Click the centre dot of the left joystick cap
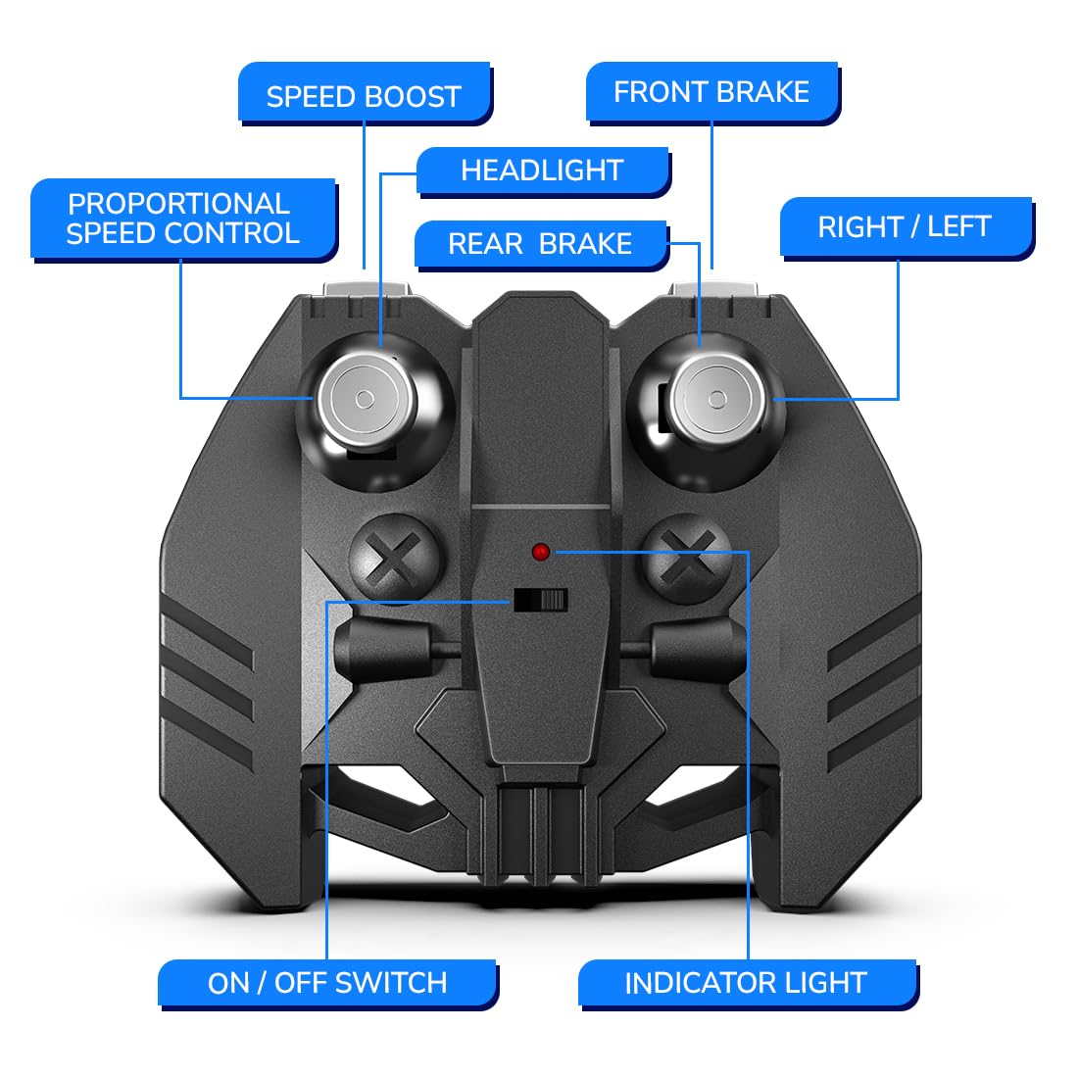(366, 399)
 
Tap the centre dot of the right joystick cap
(717, 399)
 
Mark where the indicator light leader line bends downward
(748, 552)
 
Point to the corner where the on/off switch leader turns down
(326, 603)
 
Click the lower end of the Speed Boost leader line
(364, 269)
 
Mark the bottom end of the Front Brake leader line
(711, 269)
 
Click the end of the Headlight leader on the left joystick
(381, 347)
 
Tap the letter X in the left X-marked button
(394, 559)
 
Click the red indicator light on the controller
(541, 552)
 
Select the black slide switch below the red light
(541, 600)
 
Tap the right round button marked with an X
(686, 559)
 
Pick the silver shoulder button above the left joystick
(367, 289)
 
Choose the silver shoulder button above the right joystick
(712, 289)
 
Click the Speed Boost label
(365, 94)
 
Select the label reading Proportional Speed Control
(183, 220)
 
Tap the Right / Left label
(906, 227)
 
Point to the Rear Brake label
(541, 245)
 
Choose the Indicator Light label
(748, 984)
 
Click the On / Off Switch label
(328, 984)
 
